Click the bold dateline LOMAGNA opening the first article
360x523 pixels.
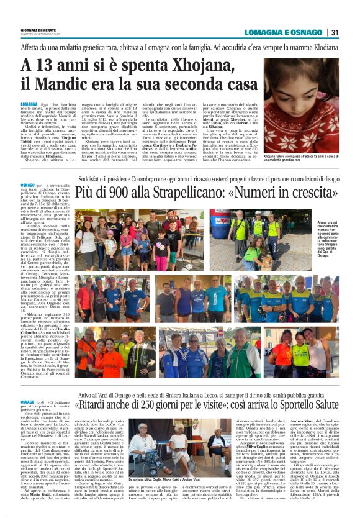tap(29, 104)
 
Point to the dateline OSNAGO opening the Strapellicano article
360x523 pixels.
tap(27, 184)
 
